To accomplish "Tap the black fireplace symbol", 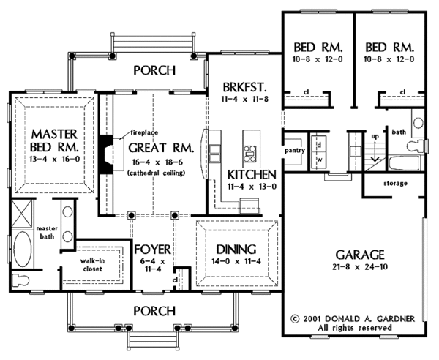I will tap(108, 154).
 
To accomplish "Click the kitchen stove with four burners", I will tap(250, 154).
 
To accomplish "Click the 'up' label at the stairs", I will tap(375, 137).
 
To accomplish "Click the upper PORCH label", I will tap(154, 71).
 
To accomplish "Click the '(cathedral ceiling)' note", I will tap(156, 173).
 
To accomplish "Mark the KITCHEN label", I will tap(250, 175).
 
